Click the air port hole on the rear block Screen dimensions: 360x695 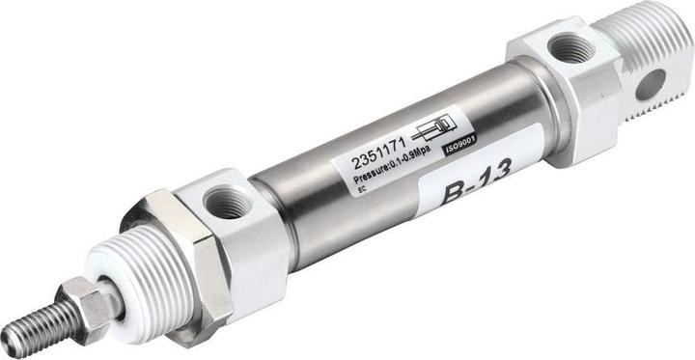tap(570, 46)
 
